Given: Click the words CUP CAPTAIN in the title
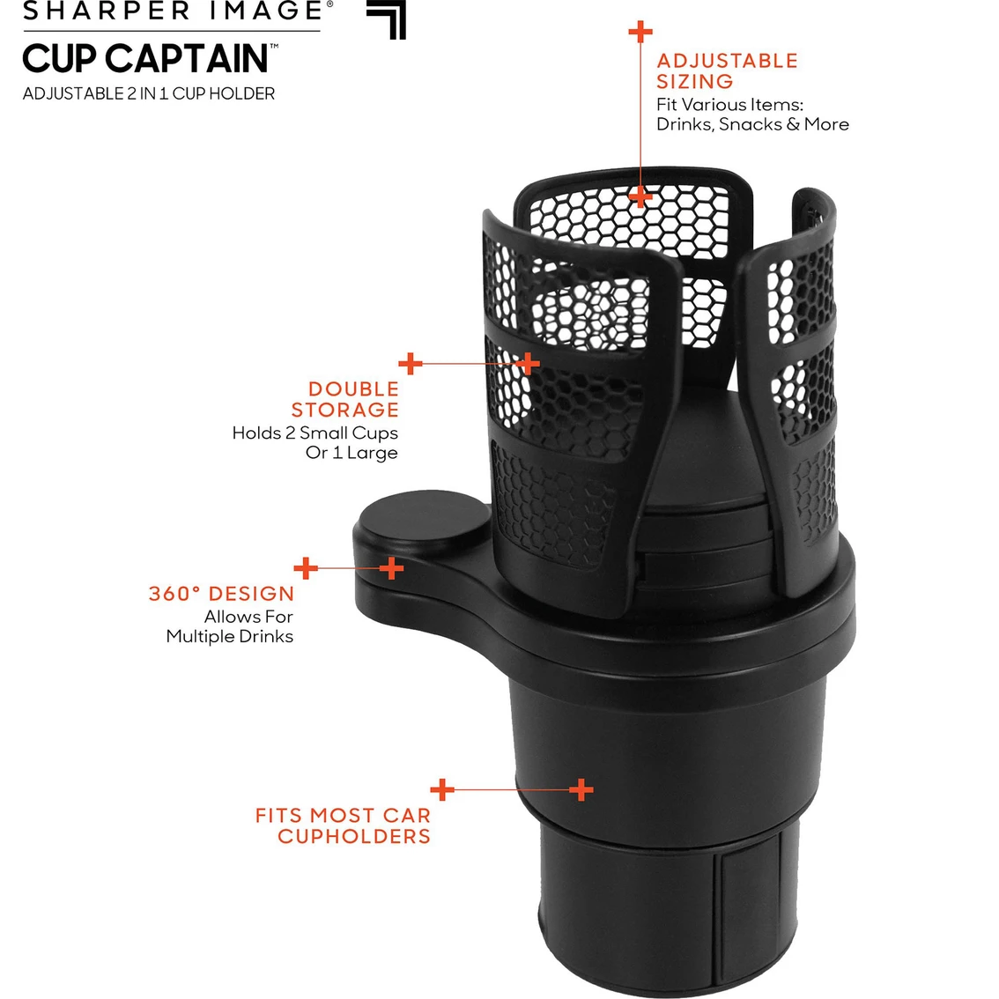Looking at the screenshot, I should coord(144,59).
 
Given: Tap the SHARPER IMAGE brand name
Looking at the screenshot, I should coord(173,11).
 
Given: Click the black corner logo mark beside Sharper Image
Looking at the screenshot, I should coord(387,18).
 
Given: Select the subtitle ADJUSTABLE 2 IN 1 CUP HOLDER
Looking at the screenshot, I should coord(149,93).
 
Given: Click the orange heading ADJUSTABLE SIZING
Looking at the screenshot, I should coord(727,71).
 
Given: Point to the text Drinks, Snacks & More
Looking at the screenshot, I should coord(752,124).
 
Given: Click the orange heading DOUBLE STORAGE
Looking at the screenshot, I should coord(345,399).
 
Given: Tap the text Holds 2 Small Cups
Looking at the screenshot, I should coord(314,433).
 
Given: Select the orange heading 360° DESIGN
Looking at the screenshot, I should coord(221,594).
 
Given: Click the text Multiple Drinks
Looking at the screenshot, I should coord(229,636).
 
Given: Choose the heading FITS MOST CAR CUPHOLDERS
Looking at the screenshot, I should coord(344,825).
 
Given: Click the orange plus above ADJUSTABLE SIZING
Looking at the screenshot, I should coord(640,32).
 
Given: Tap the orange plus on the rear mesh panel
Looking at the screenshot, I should coord(640,196).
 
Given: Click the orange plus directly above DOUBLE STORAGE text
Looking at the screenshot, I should coord(410,363).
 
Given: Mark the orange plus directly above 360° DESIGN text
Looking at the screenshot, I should coord(306,568).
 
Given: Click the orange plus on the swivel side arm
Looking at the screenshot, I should coord(391,568).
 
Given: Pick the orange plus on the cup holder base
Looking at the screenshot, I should coord(581,789).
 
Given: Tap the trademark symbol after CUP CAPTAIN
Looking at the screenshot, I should coord(274,46).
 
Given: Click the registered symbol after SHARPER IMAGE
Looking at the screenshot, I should coord(329,4).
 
